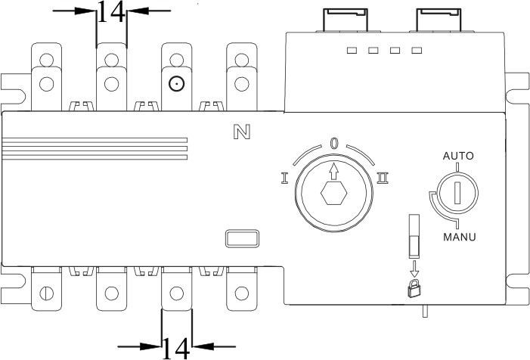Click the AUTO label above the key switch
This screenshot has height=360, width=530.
coord(458,157)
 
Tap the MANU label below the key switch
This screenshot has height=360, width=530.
coord(458,237)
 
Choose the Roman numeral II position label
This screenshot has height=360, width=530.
coord(383,178)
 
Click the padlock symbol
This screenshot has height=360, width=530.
coord(413,287)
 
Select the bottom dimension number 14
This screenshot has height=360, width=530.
coord(176,347)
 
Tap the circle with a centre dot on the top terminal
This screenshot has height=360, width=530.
coord(176,84)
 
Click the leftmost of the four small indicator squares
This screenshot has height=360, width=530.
coord(351,51)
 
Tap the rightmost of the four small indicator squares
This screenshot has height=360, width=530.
coord(417,51)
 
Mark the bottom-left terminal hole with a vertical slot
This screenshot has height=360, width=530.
coord(47,292)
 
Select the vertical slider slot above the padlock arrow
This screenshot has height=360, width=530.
coord(413,234)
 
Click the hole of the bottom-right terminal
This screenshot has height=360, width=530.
coord(240,292)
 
